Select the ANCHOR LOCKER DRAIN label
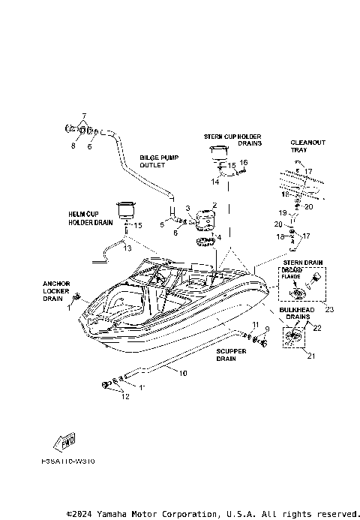[x=76, y=290]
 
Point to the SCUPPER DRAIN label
[x=226, y=355]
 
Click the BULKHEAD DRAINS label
[x=299, y=314]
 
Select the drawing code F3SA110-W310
[x=70, y=462]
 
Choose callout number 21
[x=311, y=356]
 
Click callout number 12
[x=125, y=396]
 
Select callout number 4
[x=220, y=237]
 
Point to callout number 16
[x=244, y=162]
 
